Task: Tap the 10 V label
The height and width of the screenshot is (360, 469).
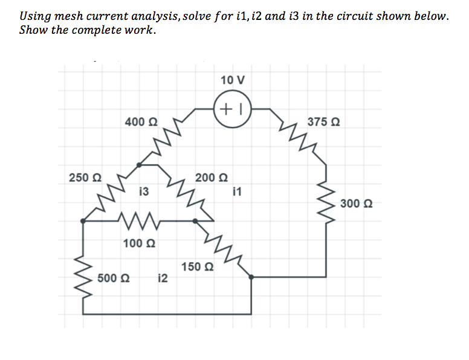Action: click(x=233, y=80)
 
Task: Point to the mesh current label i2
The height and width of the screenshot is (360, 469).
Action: click(x=162, y=278)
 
